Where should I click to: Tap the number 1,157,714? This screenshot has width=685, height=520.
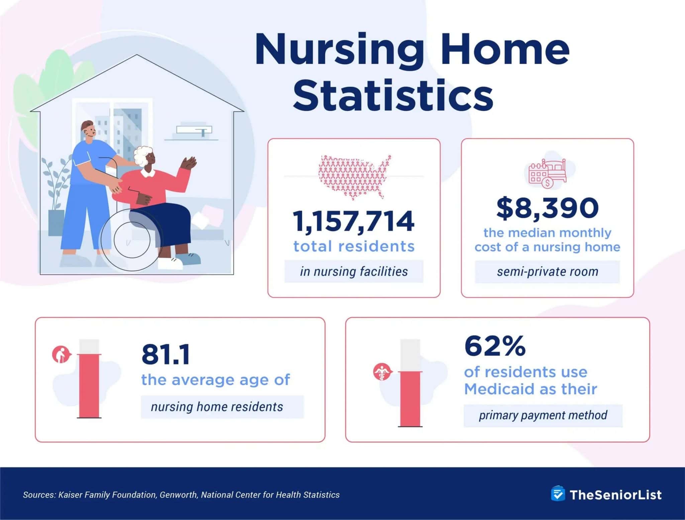coord(354,221)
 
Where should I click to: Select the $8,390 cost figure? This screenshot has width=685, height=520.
coord(547,208)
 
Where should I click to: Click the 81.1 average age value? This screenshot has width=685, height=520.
coord(166,354)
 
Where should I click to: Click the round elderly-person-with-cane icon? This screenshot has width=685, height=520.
coord(61,354)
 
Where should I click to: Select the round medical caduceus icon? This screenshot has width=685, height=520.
coord(382,372)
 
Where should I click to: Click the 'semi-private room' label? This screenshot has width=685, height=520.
coord(547,272)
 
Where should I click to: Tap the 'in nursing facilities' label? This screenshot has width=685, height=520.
coord(354,271)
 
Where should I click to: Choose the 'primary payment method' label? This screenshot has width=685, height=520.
coord(543,415)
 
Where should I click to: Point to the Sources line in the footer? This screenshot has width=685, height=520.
coord(181,495)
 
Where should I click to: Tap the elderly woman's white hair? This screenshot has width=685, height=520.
coord(142,155)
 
